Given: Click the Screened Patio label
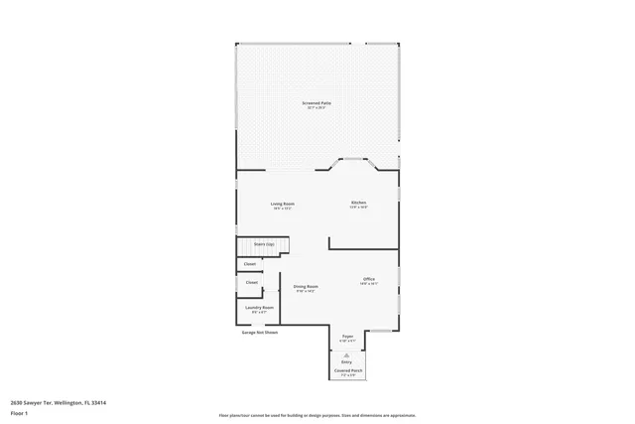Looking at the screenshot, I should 317,102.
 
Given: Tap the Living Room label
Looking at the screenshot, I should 283,204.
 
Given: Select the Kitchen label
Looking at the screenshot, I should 358,203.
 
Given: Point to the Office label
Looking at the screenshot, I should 368,279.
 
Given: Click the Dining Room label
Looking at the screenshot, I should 306,286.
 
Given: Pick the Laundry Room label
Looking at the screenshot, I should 260,308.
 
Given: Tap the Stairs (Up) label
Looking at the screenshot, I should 264,243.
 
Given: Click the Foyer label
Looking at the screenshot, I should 347,337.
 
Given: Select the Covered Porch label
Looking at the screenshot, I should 347,370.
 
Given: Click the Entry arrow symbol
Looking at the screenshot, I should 347,353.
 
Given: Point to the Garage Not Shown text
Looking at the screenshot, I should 260,333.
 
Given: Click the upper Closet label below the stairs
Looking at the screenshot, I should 250,264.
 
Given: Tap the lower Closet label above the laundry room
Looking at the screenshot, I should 251,283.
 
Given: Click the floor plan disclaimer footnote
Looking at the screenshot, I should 317,415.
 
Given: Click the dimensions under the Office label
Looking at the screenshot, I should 368,284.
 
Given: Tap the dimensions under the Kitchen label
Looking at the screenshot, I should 358,208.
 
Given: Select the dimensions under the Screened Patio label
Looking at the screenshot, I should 317,107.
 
